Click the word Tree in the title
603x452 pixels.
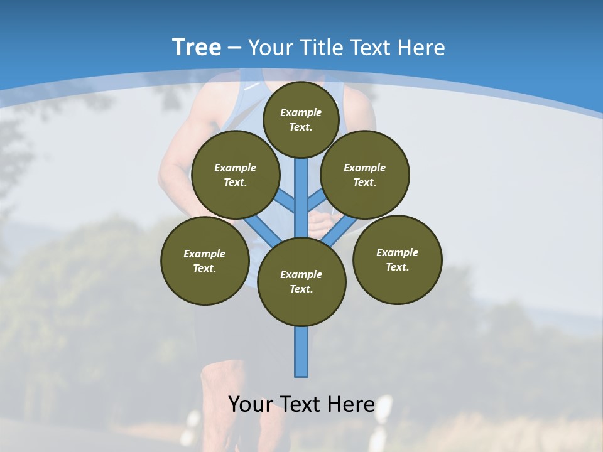197,47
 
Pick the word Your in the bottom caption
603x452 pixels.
250,404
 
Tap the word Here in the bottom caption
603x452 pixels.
351,404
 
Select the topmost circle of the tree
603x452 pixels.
301,119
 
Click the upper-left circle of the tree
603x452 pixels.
235,175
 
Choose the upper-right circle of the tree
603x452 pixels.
365,175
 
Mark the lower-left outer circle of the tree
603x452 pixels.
205,261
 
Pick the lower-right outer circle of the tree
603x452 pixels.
397,259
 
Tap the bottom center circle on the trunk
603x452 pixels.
301,281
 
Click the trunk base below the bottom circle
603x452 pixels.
301,352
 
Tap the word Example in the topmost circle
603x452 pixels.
301,112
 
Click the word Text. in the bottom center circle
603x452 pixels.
301,289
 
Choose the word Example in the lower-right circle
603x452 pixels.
397,252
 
